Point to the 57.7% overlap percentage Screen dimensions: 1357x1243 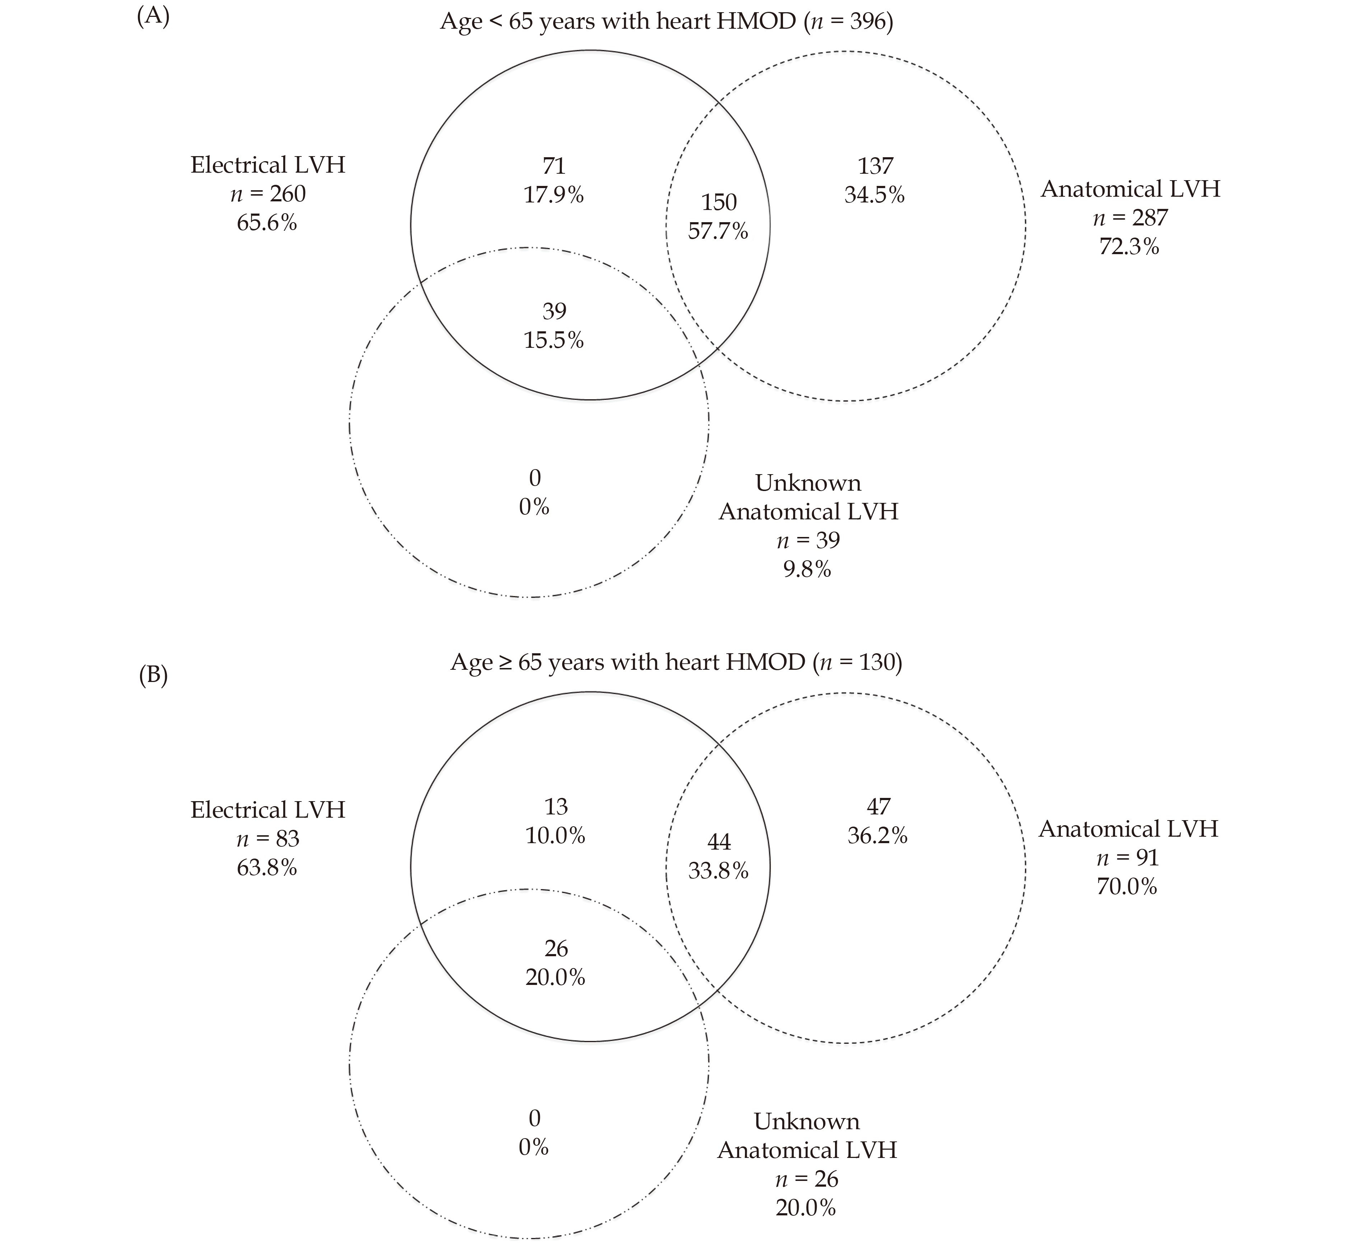tap(718, 231)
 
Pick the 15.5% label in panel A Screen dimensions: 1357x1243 tap(554, 340)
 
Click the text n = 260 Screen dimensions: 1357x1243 tap(268, 194)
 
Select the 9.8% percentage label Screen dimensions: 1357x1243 tap(807, 569)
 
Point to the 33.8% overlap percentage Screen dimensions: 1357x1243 tap(718, 871)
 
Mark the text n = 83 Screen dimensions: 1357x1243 tap(268, 838)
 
